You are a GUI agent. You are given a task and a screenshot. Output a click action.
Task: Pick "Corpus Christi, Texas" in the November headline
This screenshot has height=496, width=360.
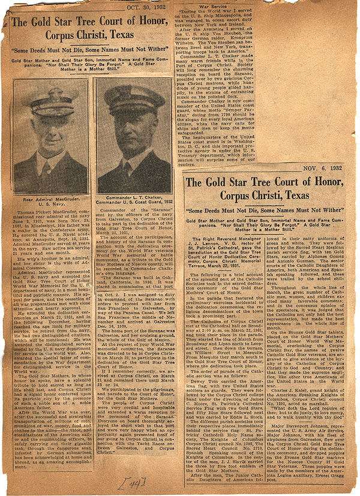pyautogui.click(x=264, y=196)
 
